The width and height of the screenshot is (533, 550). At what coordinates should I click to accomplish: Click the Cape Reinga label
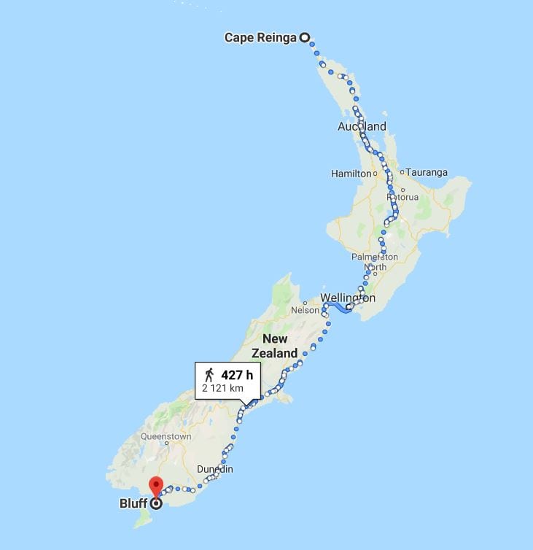tap(260, 38)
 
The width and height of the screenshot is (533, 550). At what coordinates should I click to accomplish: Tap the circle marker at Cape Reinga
tap(305, 38)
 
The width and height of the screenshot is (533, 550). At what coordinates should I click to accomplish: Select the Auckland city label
tap(362, 127)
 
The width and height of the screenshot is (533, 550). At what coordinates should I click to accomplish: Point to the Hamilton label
tap(351, 174)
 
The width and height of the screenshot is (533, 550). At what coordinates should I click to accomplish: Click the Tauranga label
tap(427, 173)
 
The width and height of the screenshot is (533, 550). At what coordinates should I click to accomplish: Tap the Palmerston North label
tap(375, 262)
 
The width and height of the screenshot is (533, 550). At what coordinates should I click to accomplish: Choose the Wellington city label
tap(348, 298)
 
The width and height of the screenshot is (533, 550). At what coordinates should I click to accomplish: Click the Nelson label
tap(305, 310)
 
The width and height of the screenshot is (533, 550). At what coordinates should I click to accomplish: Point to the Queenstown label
tap(166, 437)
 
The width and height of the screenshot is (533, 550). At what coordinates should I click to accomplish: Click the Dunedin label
tap(214, 469)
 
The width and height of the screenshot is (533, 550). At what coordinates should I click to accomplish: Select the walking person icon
tap(209, 375)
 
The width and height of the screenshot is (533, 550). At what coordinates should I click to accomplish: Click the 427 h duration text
tap(237, 375)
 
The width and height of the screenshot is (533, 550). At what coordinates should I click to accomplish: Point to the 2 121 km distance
tap(222, 389)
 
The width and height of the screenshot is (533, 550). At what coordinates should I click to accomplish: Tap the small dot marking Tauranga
tap(402, 173)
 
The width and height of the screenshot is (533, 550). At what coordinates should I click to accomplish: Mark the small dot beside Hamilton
tap(375, 174)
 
